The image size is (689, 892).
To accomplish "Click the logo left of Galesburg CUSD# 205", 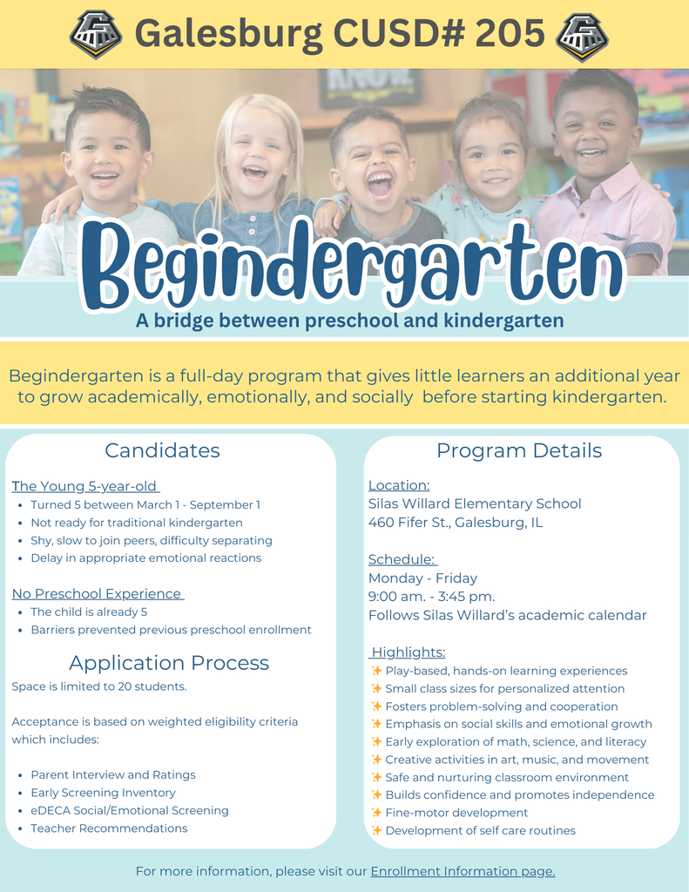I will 96,34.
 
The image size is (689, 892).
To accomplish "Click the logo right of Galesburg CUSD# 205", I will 582,34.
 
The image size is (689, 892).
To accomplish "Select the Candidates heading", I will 162,450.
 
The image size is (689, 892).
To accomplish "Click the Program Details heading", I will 519,450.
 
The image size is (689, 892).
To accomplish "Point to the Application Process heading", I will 169,663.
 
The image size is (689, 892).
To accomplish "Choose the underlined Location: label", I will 399,485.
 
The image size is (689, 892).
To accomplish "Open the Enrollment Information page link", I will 463,871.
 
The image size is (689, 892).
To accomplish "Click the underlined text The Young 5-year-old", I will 85,486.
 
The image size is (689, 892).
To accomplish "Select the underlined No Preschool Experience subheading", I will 98,594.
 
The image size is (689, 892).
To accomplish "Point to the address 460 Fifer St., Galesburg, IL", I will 456,523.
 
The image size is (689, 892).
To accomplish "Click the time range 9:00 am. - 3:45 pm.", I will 431,597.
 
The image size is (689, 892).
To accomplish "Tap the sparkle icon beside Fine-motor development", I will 376,813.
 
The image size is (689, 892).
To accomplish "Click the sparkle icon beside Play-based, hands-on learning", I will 376,671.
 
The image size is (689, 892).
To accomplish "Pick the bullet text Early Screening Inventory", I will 103,793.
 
